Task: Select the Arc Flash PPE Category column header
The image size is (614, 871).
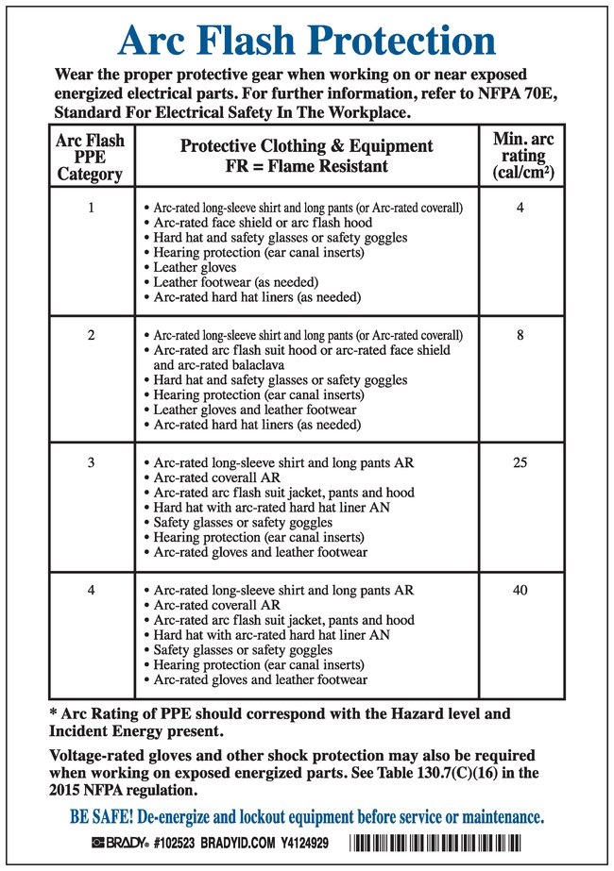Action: (x=90, y=156)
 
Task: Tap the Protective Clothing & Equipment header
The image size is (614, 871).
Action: (x=306, y=156)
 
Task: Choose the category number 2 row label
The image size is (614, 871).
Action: (x=91, y=335)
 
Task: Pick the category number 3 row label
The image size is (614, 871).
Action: (x=91, y=462)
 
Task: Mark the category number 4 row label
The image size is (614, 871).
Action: (x=91, y=591)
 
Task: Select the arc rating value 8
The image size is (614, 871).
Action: (x=520, y=335)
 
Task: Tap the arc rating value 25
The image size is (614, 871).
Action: (x=520, y=462)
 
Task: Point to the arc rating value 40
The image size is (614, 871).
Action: (x=520, y=591)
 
